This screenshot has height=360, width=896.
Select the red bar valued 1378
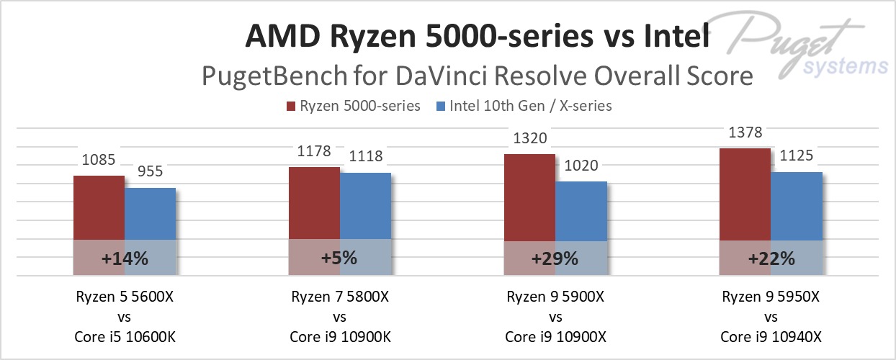[745, 194]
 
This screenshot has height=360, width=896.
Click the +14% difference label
[125, 258]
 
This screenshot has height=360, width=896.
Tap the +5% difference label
[340, 258]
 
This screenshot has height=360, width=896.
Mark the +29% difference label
[555, 258]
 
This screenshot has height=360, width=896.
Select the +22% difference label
[771, 258]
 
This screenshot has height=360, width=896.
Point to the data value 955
[150, 172]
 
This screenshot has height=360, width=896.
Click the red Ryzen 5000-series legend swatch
[292, 107]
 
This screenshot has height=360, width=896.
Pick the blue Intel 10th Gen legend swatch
[441, 107]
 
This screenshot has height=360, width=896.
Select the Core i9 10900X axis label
[555, 336]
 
